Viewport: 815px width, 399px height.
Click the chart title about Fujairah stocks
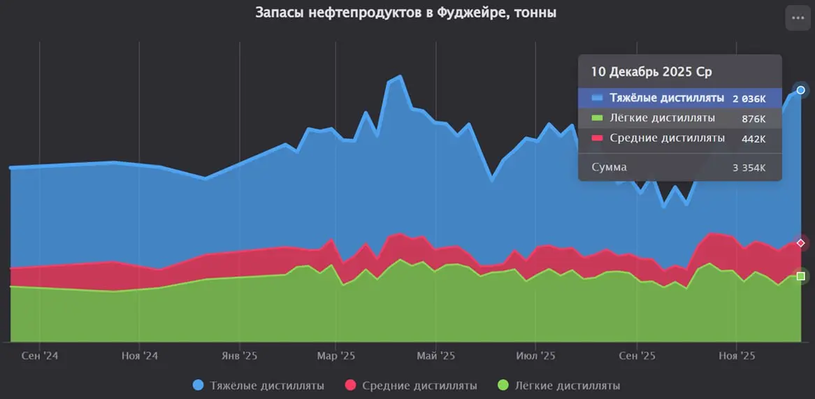(406, 13)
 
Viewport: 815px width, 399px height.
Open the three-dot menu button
(798, 18)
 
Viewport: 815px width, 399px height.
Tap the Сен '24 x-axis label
(40, 356)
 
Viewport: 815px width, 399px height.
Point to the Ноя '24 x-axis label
(140, 356)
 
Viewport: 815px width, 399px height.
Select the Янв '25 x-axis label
(240, 356)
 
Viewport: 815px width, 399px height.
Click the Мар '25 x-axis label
(336, 356)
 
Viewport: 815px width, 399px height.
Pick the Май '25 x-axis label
(436, 356)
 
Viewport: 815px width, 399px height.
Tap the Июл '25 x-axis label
(536, 356)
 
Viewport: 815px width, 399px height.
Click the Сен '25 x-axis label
(637, 356)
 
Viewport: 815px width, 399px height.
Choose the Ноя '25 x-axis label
(737, 356)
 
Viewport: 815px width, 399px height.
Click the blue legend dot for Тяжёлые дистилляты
(198, 386)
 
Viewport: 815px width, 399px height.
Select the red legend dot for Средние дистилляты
(351, 386)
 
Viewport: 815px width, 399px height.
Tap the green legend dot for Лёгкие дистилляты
(503, 386)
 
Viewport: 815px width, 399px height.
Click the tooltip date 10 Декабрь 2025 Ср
(651, 72)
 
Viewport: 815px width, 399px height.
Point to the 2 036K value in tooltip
(749, 99)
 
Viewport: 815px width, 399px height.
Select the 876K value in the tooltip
(753, 119)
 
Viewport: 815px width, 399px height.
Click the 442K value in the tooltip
(753, 139)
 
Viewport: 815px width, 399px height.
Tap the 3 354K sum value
(749, 168)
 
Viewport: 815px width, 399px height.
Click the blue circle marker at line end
(801, 90)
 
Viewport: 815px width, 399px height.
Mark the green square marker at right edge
(801, 276)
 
